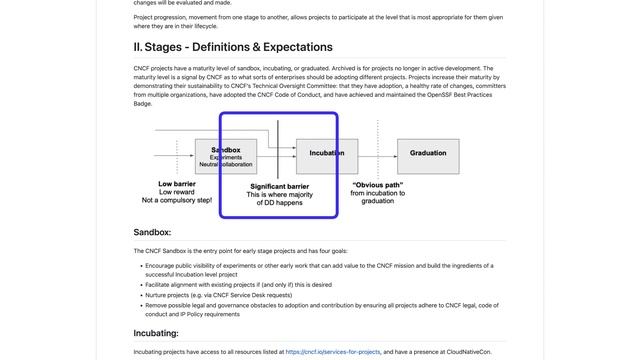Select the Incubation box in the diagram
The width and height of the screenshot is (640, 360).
pos(326,154)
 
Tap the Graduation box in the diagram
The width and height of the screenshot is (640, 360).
pos(428,154)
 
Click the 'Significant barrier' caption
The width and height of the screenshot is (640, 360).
pos(279,186)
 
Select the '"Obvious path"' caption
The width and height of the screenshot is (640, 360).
pos(377,184)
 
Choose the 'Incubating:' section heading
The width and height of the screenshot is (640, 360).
pos(156,333)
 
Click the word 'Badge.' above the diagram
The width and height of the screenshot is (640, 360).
pos(143,103)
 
